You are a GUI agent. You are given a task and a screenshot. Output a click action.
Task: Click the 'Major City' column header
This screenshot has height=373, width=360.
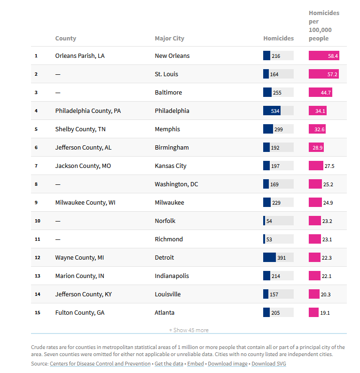(169, 39)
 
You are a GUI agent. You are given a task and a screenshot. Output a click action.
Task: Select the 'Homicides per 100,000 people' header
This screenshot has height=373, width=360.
(323, 26)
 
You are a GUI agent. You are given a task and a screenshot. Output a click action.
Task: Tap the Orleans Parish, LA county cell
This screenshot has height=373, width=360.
(80, 56)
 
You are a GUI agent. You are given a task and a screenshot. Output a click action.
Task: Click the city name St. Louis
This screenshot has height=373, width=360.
(166, 74)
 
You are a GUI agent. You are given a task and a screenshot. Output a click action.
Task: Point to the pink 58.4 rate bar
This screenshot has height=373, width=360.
(323, 56)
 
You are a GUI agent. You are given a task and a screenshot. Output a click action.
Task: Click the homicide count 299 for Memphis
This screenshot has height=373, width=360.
(279, 129)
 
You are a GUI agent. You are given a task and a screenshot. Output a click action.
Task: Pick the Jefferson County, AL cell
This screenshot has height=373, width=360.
(83, 148)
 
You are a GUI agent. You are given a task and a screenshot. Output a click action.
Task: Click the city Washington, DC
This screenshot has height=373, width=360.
(176, 184)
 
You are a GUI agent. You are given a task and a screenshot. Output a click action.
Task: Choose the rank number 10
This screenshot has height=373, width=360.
(38, 221)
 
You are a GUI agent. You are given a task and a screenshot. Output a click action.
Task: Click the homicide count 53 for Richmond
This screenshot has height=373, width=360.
(269, 239)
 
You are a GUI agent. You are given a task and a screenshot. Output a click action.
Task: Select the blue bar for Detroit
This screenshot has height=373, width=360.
(269, 258)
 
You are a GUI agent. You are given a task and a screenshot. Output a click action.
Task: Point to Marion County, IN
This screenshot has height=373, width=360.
(79, 276)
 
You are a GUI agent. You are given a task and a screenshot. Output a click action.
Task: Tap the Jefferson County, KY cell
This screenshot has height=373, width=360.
(83, 294)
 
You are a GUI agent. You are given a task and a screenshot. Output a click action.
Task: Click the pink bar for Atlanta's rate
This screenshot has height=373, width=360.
(313, 313)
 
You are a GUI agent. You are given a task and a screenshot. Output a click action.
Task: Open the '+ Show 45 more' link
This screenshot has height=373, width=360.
(189, 330)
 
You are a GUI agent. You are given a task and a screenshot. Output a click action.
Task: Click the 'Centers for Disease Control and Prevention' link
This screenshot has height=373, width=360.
(100, 364)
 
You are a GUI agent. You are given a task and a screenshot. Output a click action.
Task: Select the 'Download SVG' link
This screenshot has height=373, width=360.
(269, 364)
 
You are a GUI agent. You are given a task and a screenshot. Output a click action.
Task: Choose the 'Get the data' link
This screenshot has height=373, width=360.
(169, 364)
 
